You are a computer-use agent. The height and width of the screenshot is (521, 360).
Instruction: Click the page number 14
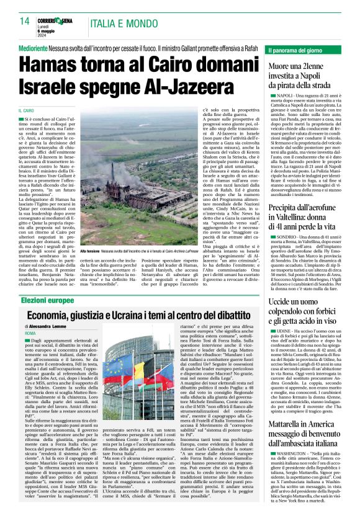pyautogui.click(x=24, y=20)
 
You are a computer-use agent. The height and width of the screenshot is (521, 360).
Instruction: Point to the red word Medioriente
pyautogui.click(x=36, y=47)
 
